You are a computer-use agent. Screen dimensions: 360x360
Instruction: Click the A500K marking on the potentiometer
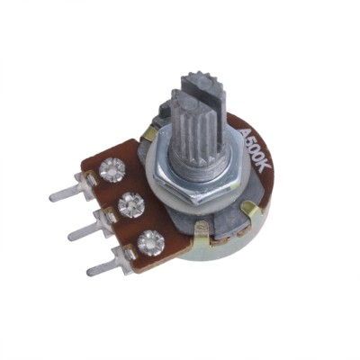[256, 150]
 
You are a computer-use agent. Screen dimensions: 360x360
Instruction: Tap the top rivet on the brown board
[112, 170]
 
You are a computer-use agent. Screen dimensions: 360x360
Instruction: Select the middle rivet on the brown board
[131, 205]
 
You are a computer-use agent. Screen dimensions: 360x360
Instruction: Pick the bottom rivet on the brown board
[151, 243]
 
